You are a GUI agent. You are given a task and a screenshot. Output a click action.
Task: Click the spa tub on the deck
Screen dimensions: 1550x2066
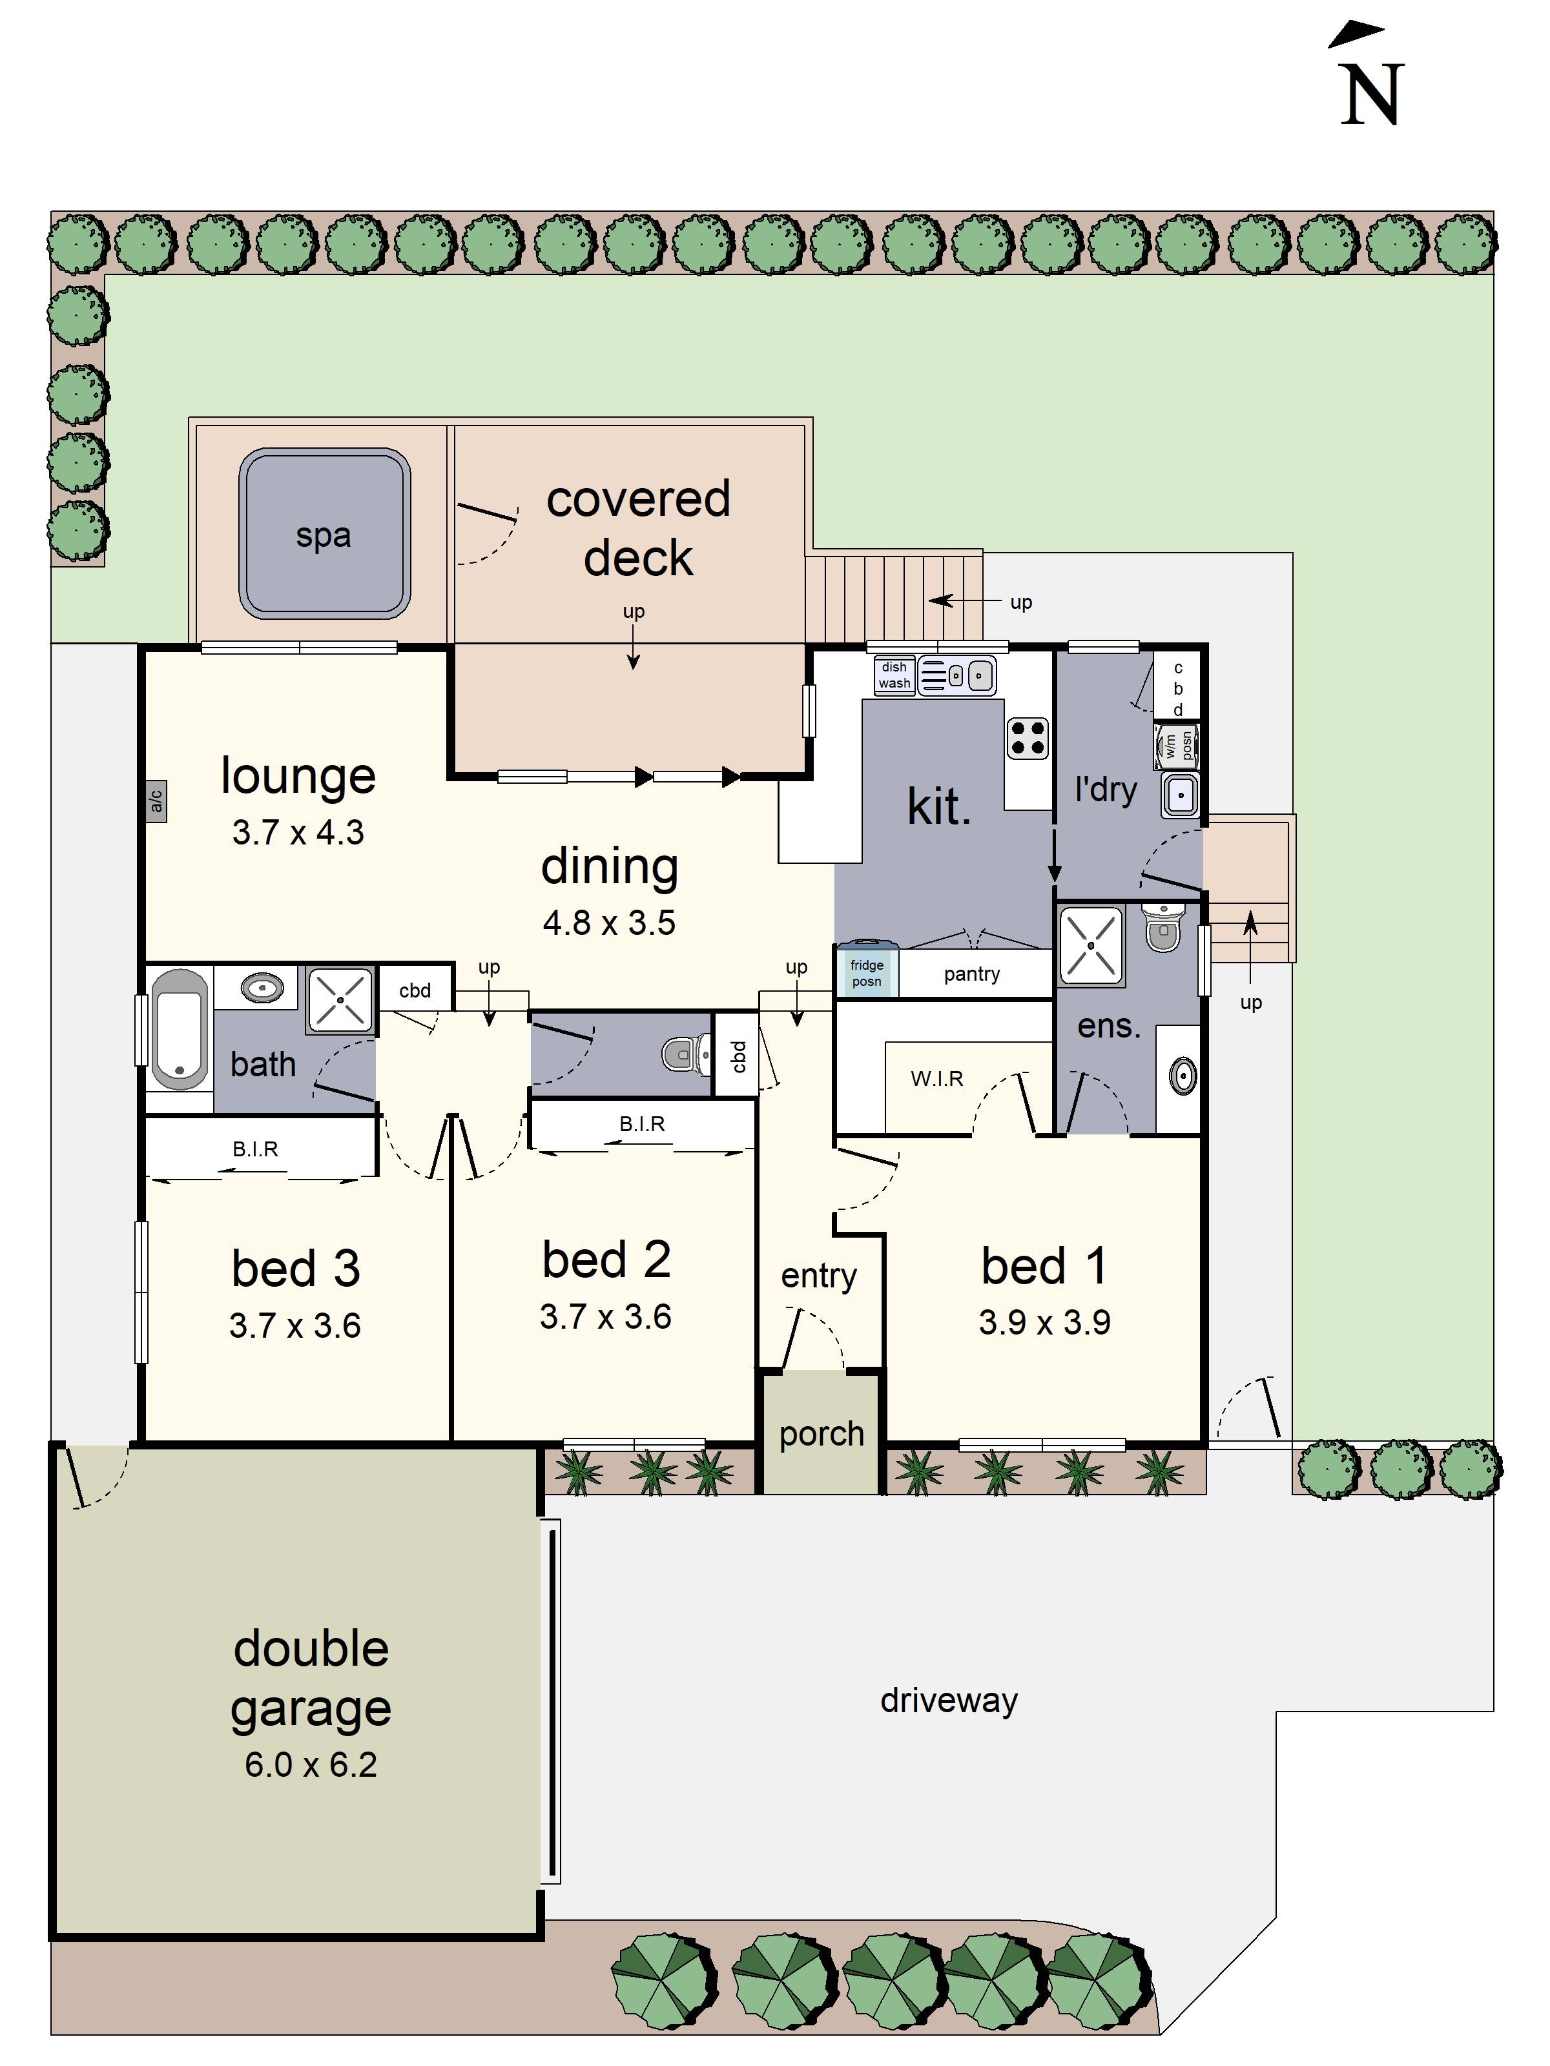point(324,533)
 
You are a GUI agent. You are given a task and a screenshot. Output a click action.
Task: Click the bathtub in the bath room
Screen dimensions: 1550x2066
point(180,1029)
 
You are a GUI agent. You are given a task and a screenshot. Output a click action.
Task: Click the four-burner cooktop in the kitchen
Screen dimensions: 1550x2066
point(1027,737)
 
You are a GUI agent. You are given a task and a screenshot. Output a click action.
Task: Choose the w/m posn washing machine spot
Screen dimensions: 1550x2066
point(1176,745)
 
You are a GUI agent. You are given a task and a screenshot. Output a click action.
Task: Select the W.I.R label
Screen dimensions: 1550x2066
point(936,1079)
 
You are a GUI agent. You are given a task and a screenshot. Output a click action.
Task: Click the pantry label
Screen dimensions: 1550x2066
point(972,974)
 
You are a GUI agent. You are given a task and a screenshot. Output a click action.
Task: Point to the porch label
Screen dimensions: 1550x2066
point(821,1434)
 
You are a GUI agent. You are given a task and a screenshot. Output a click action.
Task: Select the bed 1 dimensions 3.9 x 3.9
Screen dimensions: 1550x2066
point(1044,1322)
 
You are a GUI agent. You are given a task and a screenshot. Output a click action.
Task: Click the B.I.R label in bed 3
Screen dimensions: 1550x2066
point(255,1149)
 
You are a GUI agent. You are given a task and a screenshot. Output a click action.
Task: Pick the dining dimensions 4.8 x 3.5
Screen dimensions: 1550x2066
point(609,922)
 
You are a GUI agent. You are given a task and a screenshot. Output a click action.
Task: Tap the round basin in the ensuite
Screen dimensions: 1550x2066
point(1182,1076)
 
